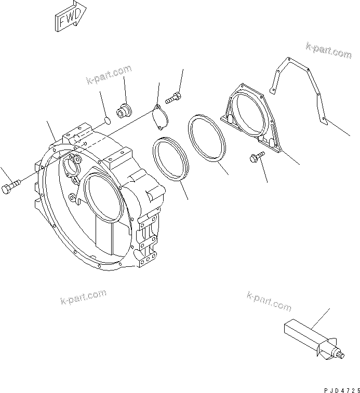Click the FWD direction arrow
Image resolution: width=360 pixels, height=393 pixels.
coord(69,19)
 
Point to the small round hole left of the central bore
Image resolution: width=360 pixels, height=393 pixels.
coord(71,198)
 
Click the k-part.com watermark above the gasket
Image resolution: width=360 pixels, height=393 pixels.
coord(328,50)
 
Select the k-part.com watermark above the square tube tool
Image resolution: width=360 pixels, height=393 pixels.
coord(269,301)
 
